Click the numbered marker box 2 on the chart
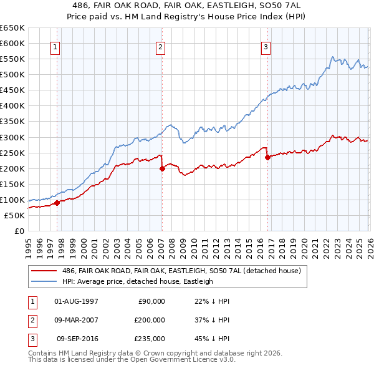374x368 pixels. [x=161, y=47]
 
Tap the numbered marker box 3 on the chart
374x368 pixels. [x=266, y=47]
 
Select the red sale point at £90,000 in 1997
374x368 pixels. [x=57, y=203]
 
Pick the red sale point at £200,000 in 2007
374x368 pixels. [x=162, y=168]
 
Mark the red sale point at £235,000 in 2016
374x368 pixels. [x=267, y=157]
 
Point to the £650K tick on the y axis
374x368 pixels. [x=12, y=28]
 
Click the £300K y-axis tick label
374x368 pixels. [x=12, y=137]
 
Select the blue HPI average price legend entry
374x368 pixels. [x=137, y=281]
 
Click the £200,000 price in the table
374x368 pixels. [x=150, y=320]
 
